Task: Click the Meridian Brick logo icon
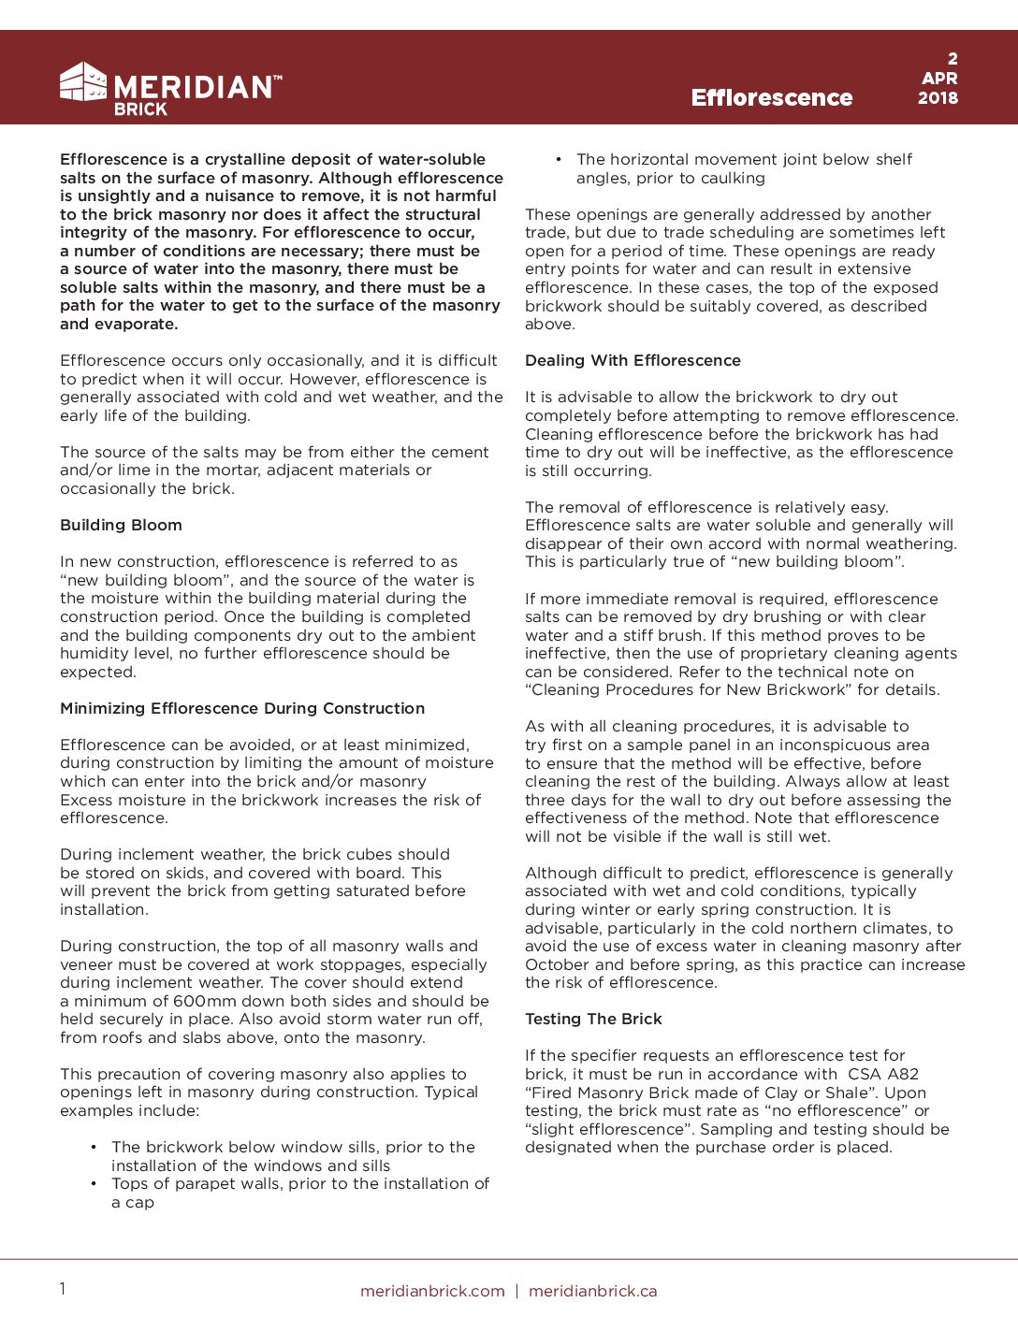pos(83,82)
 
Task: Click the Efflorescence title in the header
pos(771,98)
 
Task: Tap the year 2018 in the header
pos(938,98)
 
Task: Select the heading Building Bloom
pos(121,526)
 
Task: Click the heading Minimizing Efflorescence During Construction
pos(242,709)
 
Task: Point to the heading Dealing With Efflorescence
pos(633,361)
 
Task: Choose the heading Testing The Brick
pos(593,1020)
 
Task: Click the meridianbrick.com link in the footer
pos(432,1292)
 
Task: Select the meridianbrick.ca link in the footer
pos(592,1292)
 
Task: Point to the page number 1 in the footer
pos(63,1290)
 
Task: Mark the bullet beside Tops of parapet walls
pos(95,1184)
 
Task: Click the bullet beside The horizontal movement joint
pos(559,160)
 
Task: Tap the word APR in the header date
pos(938,79)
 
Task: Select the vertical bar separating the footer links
pos(516,1292)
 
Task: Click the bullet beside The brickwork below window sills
pos(95,1148)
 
